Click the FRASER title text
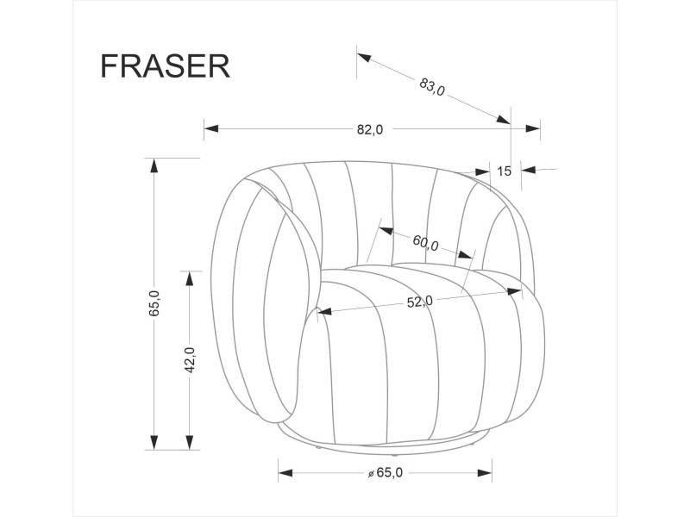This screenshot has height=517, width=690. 165,66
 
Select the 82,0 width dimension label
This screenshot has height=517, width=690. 369,130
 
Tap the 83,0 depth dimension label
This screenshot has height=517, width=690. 431,86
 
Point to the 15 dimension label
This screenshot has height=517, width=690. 505,171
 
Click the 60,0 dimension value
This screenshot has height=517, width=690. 425,243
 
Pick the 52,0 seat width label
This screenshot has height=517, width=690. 419,302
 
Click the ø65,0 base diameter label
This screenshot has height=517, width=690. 386,473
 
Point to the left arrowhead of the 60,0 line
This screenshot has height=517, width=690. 386,231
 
